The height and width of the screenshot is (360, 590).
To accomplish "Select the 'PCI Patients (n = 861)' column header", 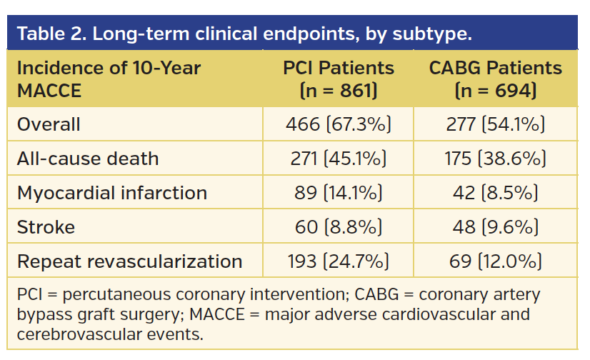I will pos(339,79).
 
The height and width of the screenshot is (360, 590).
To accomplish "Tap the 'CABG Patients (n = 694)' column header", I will pos(496,79).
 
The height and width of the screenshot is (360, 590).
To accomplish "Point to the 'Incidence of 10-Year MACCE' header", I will pos(109,79).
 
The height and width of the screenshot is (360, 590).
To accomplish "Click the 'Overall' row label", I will pos(49,124).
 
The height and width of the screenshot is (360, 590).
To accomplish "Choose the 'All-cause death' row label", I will pos(88,159).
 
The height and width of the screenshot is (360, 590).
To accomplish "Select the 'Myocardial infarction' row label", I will pos(112,193).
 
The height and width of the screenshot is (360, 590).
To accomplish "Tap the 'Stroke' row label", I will pos(46,227).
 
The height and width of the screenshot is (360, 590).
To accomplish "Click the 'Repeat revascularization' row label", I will pos(129,261).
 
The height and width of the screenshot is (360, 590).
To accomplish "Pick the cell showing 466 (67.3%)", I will pos(339,124).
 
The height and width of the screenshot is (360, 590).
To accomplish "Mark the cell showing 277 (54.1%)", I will pos(496,124).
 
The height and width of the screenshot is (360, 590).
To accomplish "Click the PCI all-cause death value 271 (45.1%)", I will pos(339,159).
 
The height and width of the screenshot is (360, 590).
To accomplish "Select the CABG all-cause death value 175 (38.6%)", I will pos(496,159).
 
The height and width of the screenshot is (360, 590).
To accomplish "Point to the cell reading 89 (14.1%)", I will pos(339,193).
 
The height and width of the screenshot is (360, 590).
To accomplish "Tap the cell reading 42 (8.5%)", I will pos(496,193).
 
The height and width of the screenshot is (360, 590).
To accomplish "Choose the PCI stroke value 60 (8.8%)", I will pos(339,227).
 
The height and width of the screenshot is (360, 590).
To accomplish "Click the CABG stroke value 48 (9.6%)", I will pos(496,227).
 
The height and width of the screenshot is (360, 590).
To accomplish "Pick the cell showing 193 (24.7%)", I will pos(339,261).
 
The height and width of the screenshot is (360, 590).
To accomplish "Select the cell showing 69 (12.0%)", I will pos(496,261).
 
